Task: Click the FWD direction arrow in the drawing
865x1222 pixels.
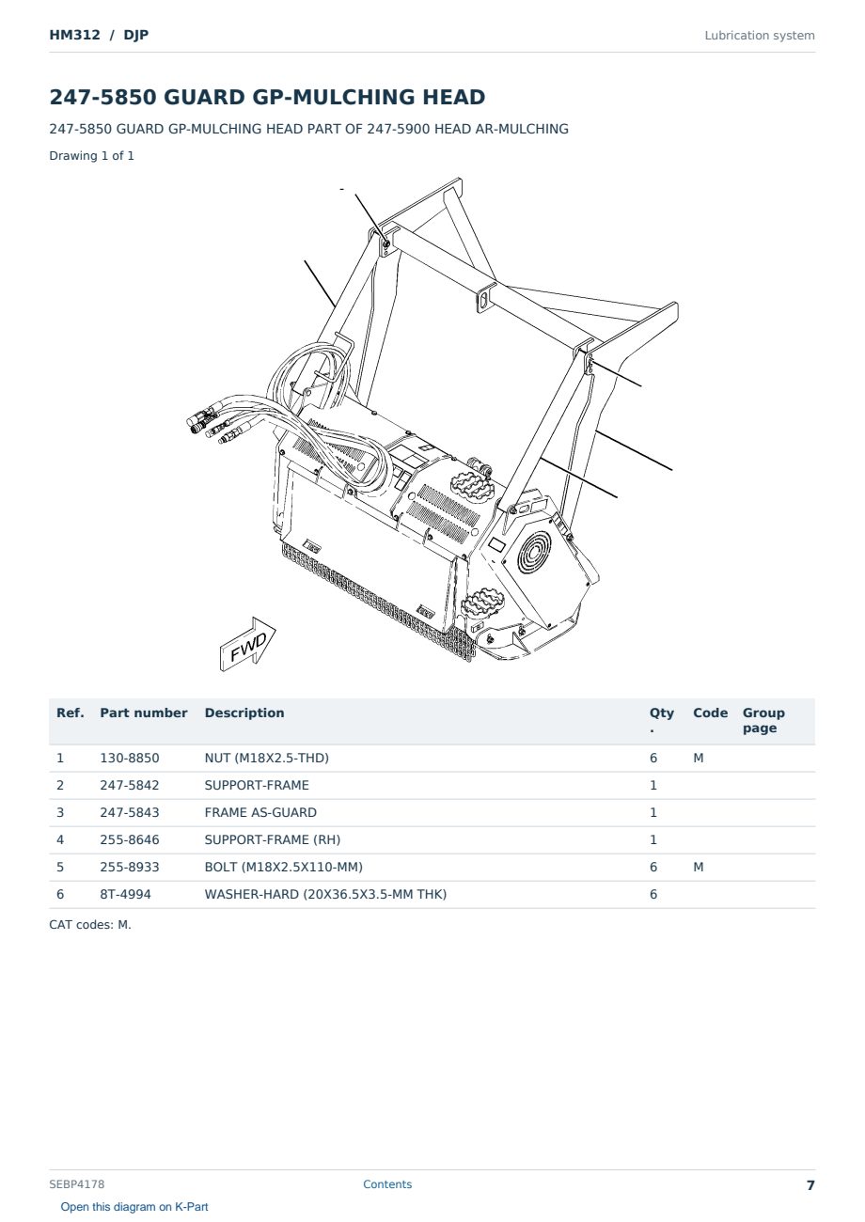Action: click(248, 645)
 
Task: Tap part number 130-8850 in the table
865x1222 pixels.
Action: click(130, 758)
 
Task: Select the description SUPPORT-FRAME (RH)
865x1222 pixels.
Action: click(273, 839)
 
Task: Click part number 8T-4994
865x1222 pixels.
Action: click(125, 894)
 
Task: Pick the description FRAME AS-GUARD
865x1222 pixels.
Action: click(260, 812)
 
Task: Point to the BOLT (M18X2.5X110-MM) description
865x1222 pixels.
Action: click(283, 867)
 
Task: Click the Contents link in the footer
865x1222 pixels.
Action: click(387, 1184)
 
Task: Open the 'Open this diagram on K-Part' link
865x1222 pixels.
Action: click(134, 1207)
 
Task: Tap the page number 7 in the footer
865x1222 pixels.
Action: click(810, 1185)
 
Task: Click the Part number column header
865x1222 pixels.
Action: click(144, 713)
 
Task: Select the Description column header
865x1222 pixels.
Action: click(244, 713)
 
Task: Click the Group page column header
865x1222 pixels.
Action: click(763, 720)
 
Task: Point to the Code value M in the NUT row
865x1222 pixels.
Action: click(698, 758)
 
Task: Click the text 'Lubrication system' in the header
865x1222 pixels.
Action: click(760, 36)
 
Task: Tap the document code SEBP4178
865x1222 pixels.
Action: click(76, 1184)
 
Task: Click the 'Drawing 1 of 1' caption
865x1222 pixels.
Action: click(92, 156)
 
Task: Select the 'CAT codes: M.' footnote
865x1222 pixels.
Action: click(90, 925)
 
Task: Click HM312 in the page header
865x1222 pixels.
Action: click(75, 35)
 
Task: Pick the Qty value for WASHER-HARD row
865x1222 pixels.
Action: click(653, 894)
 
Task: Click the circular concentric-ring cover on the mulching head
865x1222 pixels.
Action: click(534, 551)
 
